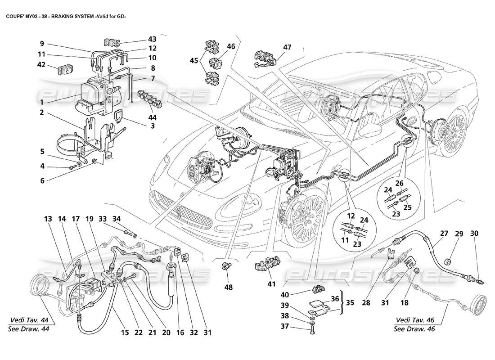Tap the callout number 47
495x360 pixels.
pos(287,47)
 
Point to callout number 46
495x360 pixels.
pos(231,46)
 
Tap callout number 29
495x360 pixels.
pos(459,234)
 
